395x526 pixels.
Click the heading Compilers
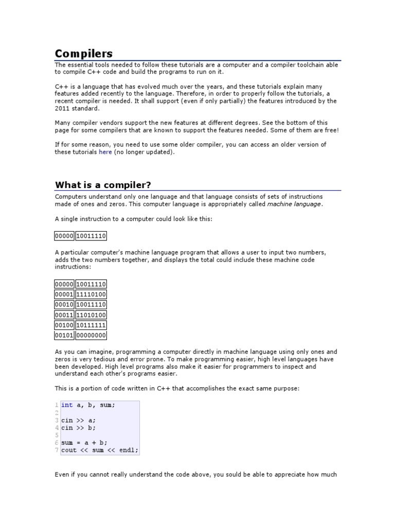point(84,53)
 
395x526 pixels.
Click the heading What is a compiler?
point(103,185)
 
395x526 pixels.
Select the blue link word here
point(105,152)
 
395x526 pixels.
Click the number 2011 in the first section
point(63,108)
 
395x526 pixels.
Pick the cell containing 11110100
point(91,294)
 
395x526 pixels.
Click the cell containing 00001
point(64,294)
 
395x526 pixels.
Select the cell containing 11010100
point(91,315)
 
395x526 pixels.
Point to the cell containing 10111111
point(91,325)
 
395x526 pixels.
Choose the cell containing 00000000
point(91,335)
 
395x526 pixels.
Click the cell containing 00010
point(64,305)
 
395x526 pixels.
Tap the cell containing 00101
point(64,335)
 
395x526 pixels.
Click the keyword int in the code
point(67,405)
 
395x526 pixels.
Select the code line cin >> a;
point(78,420)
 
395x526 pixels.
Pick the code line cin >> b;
point(78,427)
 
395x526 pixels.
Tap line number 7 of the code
point(57,450)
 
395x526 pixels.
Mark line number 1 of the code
point(57,405)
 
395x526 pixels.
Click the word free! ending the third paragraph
point(331,130)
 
